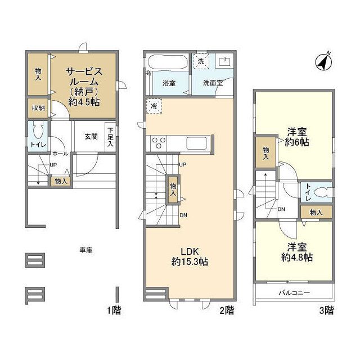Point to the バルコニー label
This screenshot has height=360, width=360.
point(294,292)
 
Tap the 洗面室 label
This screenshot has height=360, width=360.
point(213,83)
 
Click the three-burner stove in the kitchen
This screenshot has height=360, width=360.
point(158,143)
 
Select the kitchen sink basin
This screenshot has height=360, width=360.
point(197,142)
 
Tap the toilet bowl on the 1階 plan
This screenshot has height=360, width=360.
point(37,130)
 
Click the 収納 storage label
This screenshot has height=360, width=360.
point(38,107)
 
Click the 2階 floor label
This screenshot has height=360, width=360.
point(226,309)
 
